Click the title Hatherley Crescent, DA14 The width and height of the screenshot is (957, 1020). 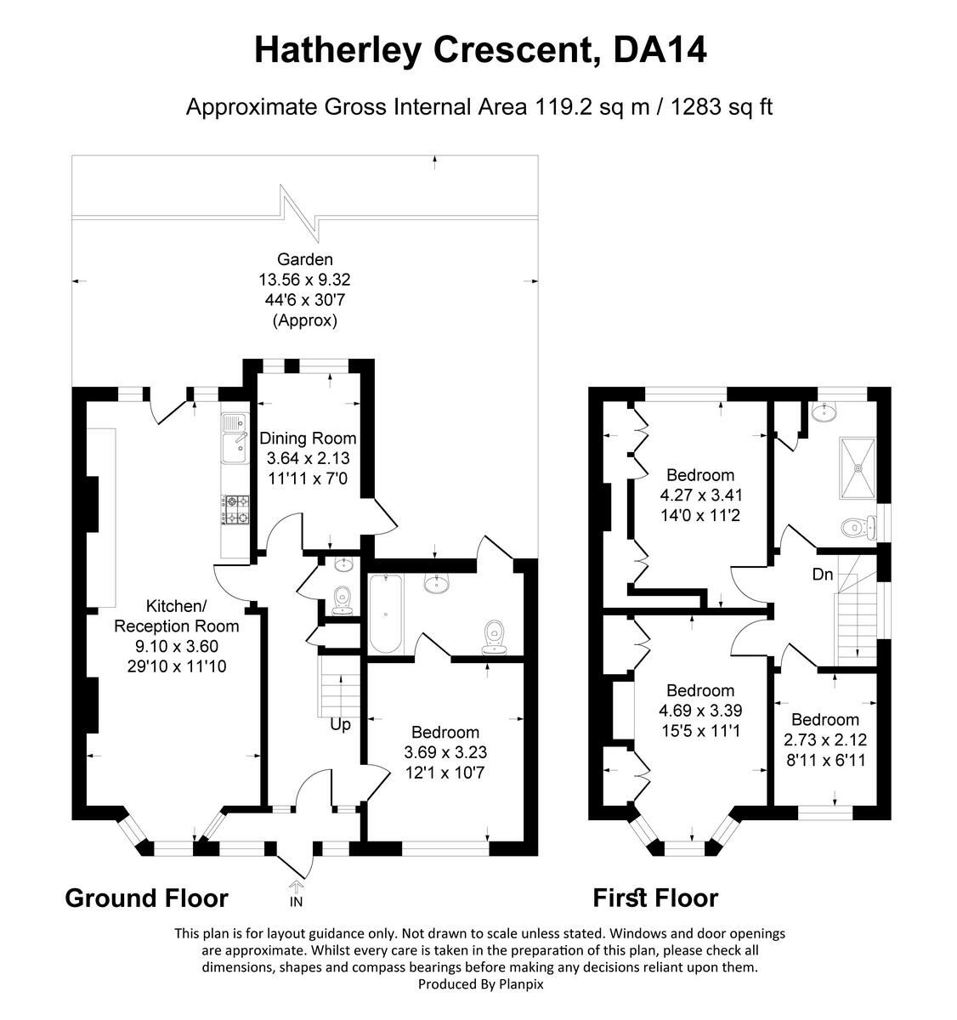tap(480, 51)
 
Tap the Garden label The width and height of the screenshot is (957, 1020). tap(304, 259)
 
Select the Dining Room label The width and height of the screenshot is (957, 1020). tap(308, 439)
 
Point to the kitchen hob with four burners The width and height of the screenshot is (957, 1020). tap(235, 510)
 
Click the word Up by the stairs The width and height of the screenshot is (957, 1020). tap(340, 724)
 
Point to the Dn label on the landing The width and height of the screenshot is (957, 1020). tap(822, 575)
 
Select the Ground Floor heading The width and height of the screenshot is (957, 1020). tap(146, 898)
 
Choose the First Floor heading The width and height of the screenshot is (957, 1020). tap(654, 898)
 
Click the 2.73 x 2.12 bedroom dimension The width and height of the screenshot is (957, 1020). tap(824, 739)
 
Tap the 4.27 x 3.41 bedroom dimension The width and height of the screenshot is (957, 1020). tap(700, 495)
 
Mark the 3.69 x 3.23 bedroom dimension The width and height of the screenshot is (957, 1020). tap(445, 752)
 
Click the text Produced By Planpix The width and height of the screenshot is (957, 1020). tap(480, 983)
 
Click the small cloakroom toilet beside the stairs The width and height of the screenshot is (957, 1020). tap(343, 599)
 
